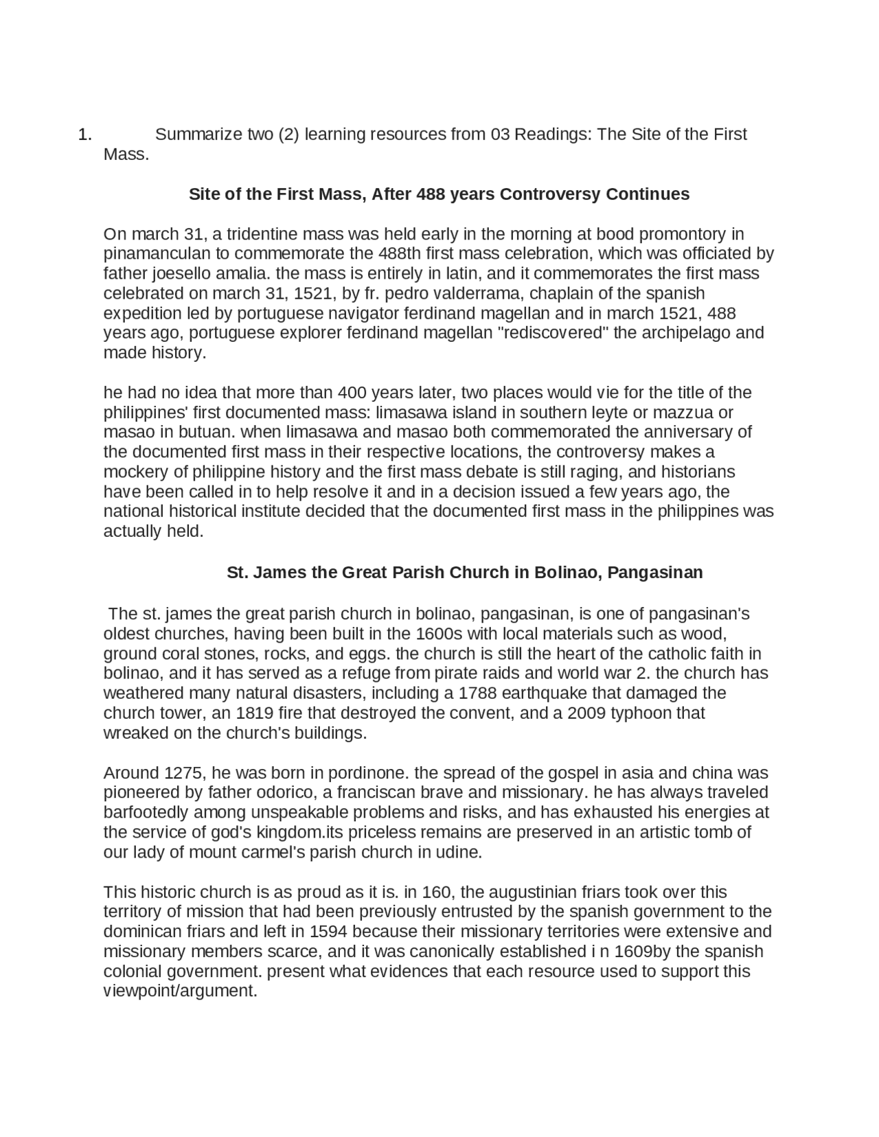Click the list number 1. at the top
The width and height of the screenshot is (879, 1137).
pos(84,135)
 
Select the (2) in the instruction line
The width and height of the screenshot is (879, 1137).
pos(289,134)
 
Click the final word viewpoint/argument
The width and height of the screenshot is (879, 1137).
pos(180,991)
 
